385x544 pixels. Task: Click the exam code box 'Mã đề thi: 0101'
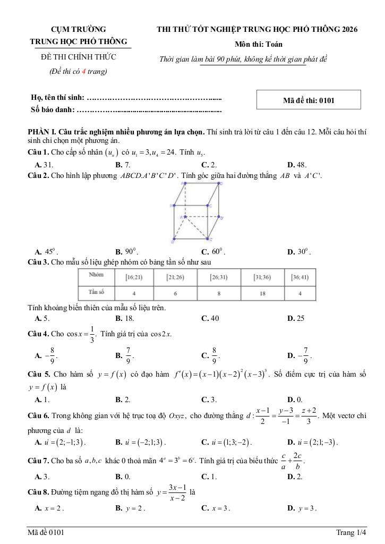(309, 100)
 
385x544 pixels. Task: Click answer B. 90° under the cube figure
(127, 252)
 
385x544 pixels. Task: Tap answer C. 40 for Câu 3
(210, 318)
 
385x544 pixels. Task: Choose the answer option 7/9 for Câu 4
(125, 354)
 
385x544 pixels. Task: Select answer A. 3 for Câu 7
(42, 477)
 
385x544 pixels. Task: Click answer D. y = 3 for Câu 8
(302, 508)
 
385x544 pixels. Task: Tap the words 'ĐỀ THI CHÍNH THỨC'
(79, 57)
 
